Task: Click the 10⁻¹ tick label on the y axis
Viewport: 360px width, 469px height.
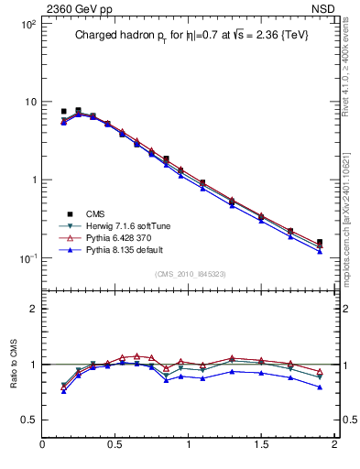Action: coord(28,258)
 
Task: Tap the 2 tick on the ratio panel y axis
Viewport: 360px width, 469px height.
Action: coord(33,309)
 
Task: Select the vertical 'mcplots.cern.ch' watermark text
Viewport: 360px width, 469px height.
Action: coord(351,220)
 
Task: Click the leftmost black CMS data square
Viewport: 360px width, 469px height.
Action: coord(64,112)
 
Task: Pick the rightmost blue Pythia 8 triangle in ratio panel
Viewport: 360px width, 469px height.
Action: coord(319,387)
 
